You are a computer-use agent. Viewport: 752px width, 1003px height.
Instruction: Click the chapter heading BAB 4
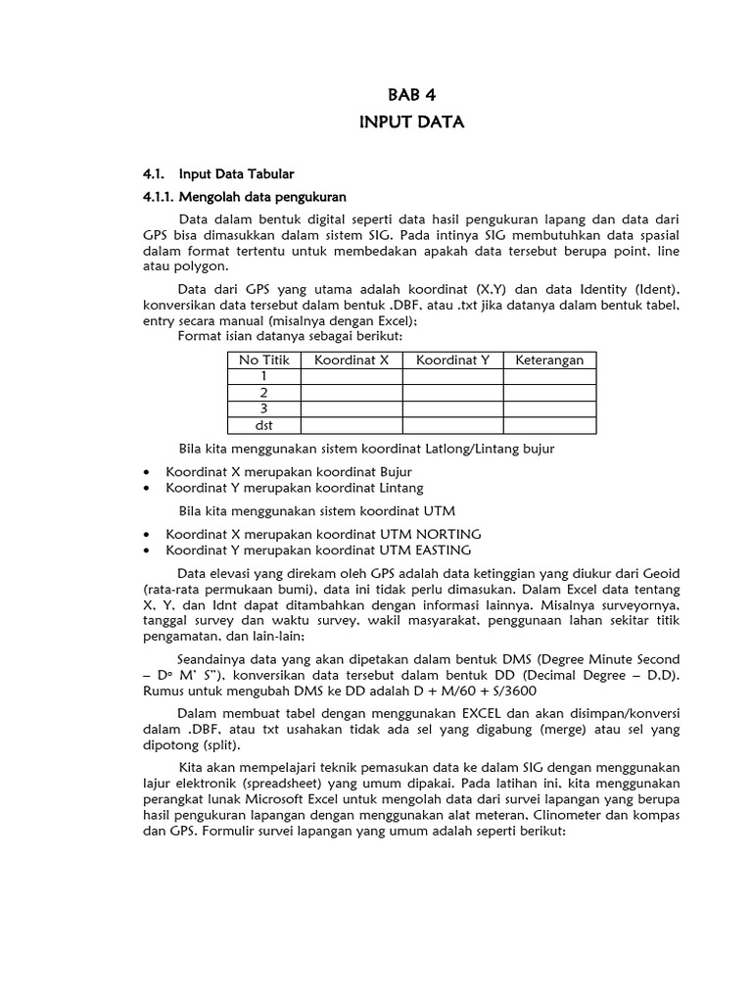pos(411,96)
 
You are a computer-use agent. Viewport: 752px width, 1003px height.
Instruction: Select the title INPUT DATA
pos(411,122)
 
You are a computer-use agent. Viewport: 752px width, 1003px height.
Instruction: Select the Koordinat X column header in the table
pos(352,359)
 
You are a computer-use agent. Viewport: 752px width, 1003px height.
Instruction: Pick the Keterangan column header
pos(549,359)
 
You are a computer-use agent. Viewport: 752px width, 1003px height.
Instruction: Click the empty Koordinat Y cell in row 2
pos(452,392)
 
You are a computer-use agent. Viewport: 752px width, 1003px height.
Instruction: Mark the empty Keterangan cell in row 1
pos(549,375)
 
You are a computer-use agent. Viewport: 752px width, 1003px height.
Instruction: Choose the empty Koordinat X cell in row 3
pos(352,408)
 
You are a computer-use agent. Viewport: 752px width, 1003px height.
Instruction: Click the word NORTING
pos(449,534)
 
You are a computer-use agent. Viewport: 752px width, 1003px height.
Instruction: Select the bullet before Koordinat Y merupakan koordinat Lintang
pos(147,488)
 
